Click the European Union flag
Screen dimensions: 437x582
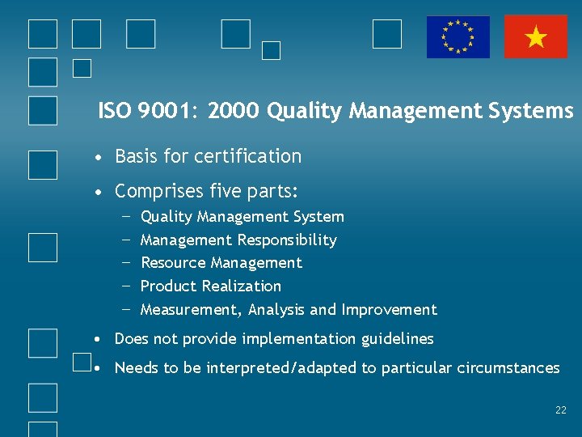click(458, 37)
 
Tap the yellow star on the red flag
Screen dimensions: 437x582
click(536, 37)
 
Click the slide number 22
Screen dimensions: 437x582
click(561, 410)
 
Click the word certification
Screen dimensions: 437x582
click(253, 156)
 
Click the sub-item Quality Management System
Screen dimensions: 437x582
click(242, 217)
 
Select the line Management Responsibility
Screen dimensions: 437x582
click(238, 240)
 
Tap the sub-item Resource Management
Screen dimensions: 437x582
click(221, 263)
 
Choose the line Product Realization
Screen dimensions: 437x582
click(210, 286)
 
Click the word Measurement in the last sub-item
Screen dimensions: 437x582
click(190, 310)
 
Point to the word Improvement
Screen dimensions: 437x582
click(389, 310)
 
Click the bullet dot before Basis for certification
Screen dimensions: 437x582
click(97, 157)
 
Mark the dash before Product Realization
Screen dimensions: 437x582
click(126, 286)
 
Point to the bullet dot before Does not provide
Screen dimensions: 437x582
click(96, 339)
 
